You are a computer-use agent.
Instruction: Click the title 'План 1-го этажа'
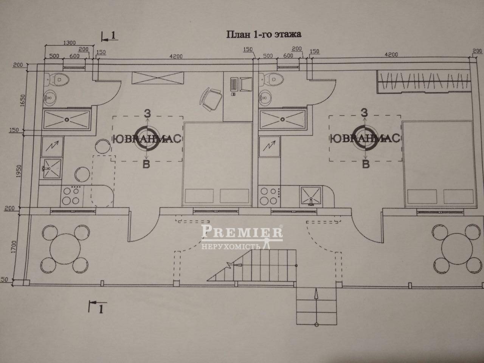[x=263, y=35]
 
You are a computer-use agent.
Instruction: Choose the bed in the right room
[x=437, y=164]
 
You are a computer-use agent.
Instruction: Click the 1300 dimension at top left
[x=68, y=42]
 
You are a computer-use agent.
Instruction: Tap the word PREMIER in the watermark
[x=242, y=231]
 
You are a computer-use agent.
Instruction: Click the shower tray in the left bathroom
[x=67, y=119]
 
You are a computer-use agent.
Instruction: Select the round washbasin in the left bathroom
[x=49, y=99]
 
